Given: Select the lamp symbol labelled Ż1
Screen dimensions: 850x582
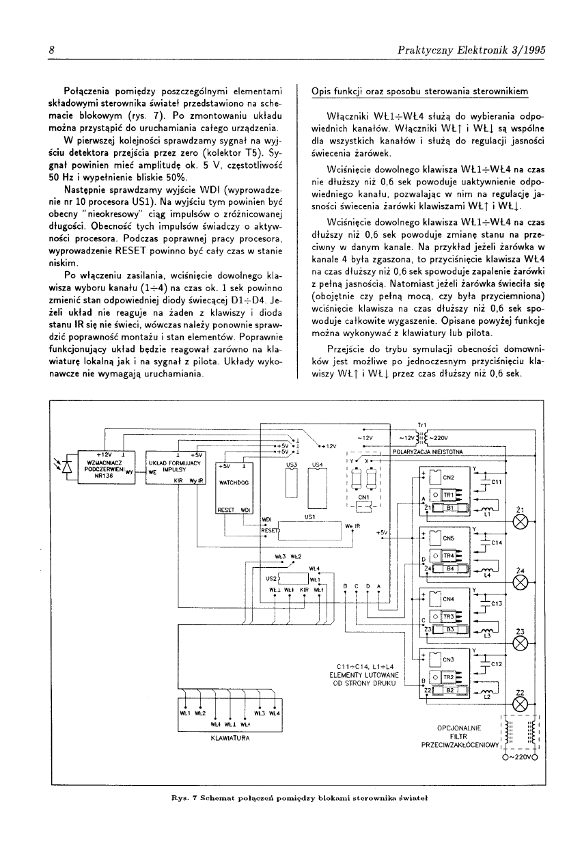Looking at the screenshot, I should [x=521, y=523].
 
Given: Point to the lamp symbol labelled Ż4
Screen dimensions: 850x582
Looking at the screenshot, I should [x=521, y=583].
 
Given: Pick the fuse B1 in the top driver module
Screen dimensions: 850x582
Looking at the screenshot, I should [x=449, y=508].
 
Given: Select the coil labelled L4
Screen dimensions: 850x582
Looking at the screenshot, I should [x=487, y=575].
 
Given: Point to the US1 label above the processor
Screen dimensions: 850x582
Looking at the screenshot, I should [x=309, y=517].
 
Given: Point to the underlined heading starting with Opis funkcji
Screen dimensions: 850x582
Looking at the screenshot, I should [x=419, y=90].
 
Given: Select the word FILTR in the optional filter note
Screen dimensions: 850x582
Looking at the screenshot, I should [x=459, y=737].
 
